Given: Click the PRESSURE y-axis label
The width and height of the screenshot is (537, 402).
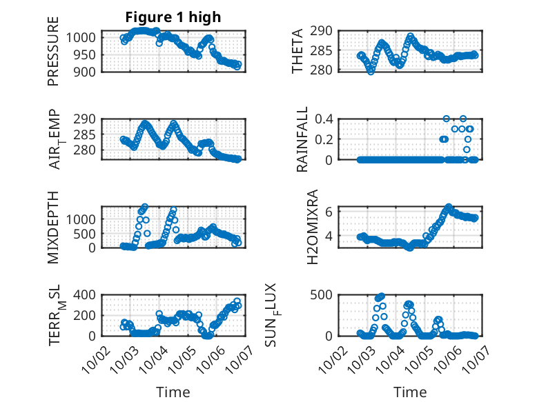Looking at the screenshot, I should pyautogui.click(x=54, y=51).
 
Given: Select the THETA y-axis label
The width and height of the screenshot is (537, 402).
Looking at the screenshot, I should pyautogui.click(x=297, y=51).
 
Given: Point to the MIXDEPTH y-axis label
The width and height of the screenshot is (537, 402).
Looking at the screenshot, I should pyautogui.click(x=54, y=226).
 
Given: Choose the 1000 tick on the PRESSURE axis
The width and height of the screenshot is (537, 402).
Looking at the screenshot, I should pyautogui.click(x=85, y=37).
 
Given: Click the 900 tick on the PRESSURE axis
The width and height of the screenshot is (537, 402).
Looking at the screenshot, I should pyautogui.click(x=88, y=71).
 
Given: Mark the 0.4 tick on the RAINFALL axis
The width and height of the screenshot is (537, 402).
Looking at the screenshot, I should pyautogui.click(x=326, y=119).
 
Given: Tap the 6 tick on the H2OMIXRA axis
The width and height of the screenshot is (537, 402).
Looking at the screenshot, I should pyautogui.click(x=331, y=211).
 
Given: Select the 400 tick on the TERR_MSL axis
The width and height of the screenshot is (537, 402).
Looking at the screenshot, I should pyautogui.click(x=88, y=295).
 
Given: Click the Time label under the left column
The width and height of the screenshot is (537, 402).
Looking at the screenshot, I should pyautogui.click(x=173, y=392).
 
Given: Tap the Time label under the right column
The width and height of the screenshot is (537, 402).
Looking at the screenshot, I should pyautogui.click(x=410, y=392).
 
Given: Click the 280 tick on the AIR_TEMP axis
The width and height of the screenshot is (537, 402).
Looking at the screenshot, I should pyautogui.click(x=88, y=150).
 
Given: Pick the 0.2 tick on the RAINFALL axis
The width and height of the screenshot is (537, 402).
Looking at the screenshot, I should pyautogui.click(x=326, y=139).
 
